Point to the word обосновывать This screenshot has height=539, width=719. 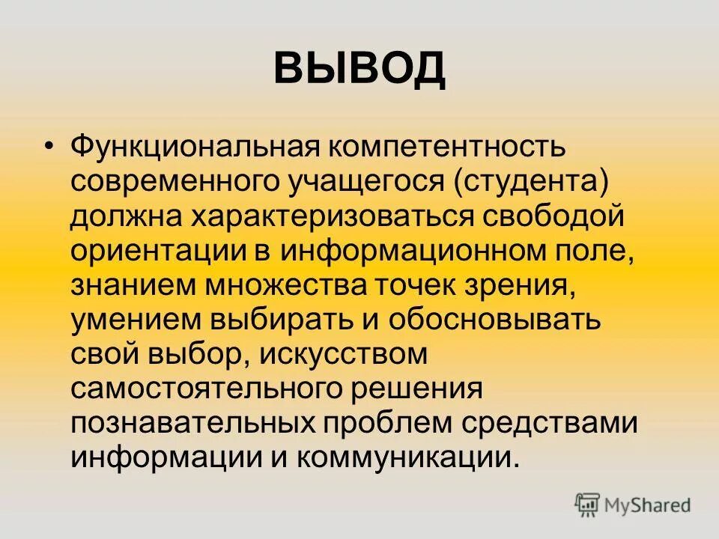(495, 320)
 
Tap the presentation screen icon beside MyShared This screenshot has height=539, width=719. (588, 505)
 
